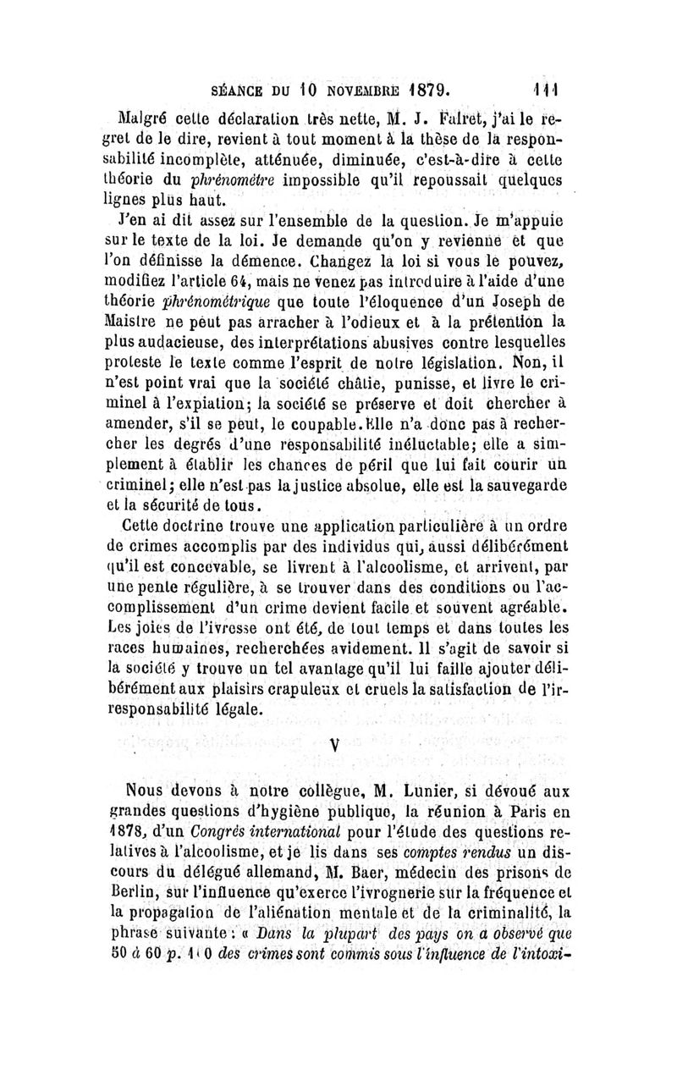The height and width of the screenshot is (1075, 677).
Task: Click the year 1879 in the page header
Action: click(425, 86)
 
